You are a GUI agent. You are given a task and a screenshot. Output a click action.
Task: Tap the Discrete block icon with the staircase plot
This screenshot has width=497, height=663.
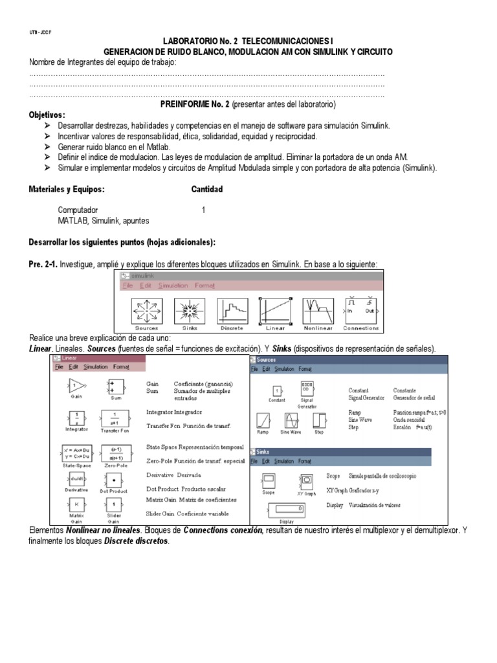click(x=231, y=312)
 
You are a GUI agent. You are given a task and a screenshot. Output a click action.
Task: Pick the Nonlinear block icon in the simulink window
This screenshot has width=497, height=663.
click(x=317, y=312)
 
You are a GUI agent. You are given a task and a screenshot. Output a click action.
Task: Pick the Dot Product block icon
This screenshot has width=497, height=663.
click(x=115, y=481)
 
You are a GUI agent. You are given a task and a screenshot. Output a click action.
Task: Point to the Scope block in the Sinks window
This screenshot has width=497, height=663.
click(x=269, y=480)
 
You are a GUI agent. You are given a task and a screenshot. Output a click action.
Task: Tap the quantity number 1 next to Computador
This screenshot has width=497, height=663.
click(x=203, y=210)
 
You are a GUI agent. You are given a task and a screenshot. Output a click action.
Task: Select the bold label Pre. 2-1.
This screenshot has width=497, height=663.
click(x=43, y=264)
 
